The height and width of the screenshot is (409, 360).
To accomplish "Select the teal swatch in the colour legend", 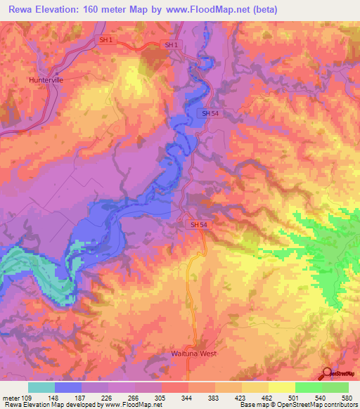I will [41, 387].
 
